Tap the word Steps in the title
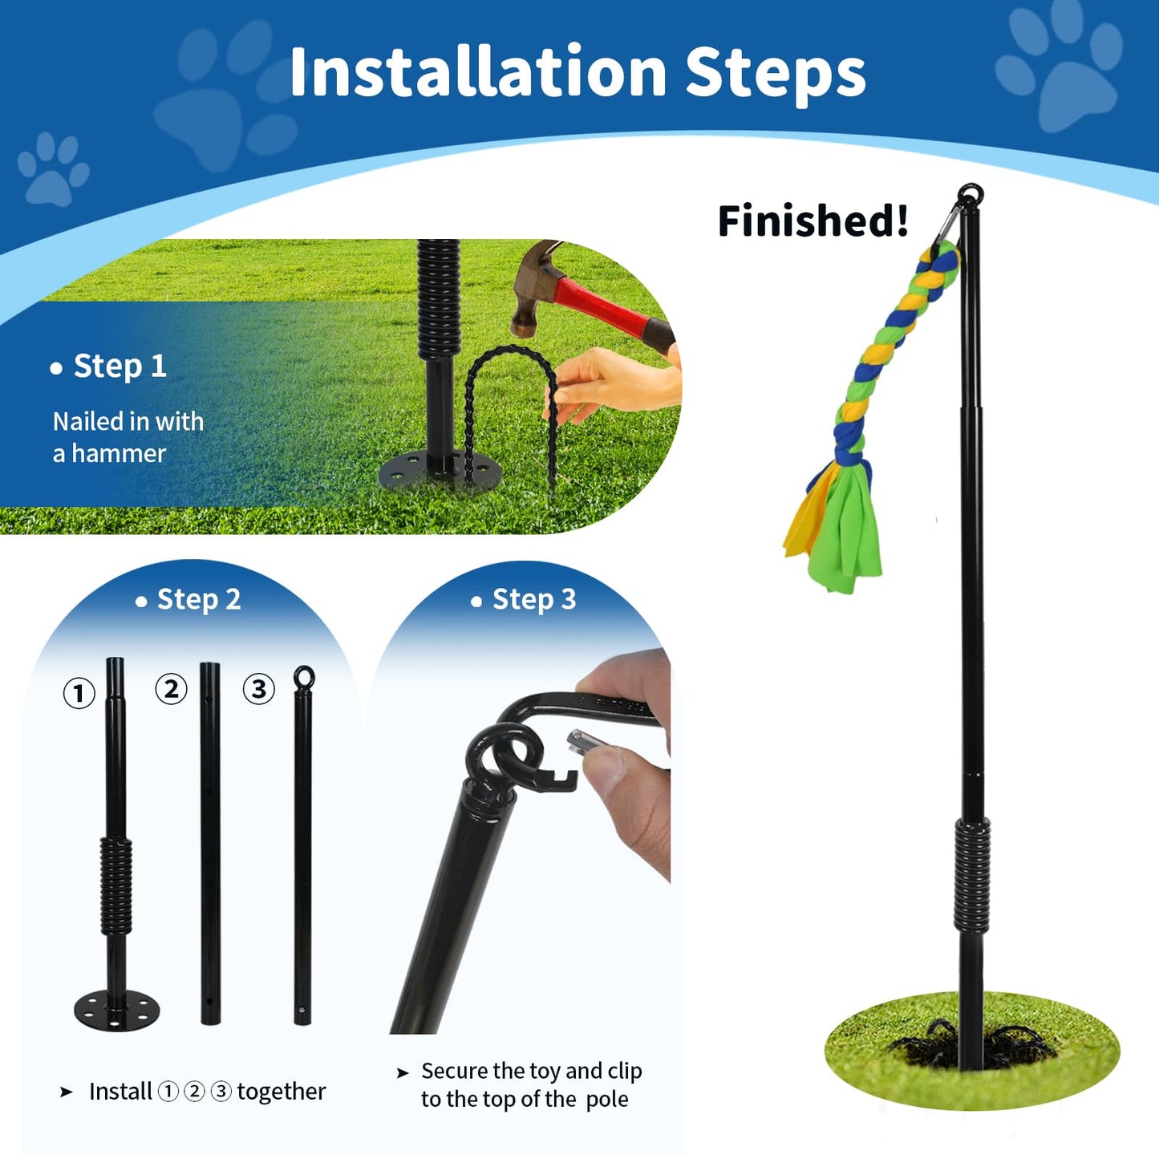776,75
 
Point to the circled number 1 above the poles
79,694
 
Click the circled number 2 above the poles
172,689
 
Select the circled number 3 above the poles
258,689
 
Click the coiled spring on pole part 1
116,886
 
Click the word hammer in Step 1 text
119,453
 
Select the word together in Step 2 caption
282,1091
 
